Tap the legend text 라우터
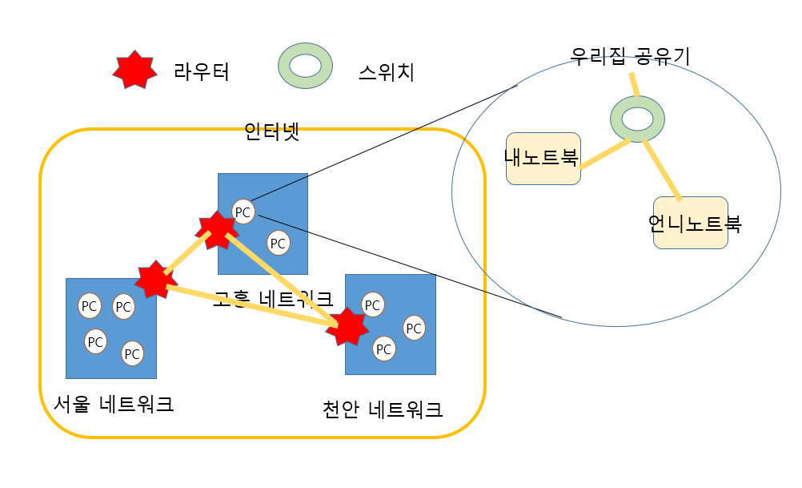click(x=202, y=72)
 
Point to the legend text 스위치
click(x=387, y=74)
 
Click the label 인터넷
click(x=271, y=131)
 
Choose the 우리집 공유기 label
click(x=629, y=56)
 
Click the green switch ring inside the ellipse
click(x=638, y=119)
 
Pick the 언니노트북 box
click(x=690, y=223)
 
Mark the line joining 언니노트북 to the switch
click(x=663, y=169)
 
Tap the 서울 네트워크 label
click(x=113, y=403)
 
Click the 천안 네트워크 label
click(x=382, y=409)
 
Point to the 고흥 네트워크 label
click(x=272, y=299)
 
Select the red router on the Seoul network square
click(x=152, y=280)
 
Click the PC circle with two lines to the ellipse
click(x=243, y=212)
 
